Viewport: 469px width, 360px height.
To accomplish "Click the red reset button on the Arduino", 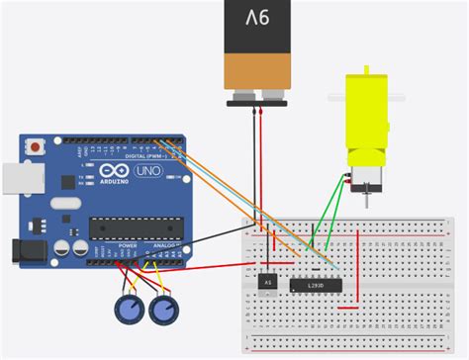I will [37, 146].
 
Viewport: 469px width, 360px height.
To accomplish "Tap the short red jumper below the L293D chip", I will [348, 308].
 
